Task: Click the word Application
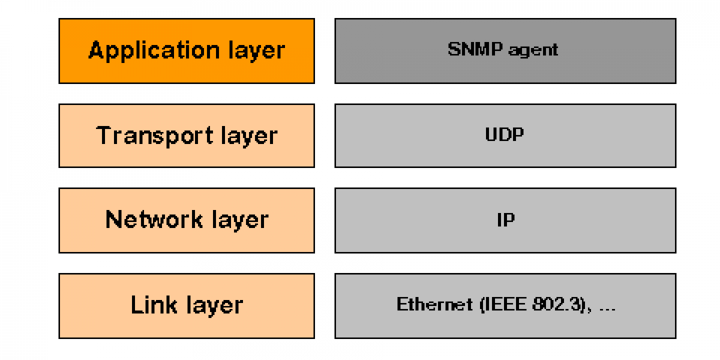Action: [146, 50]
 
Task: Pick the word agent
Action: [533, 50]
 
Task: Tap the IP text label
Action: [505, 220]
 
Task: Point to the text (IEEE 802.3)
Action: [533, 304]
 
